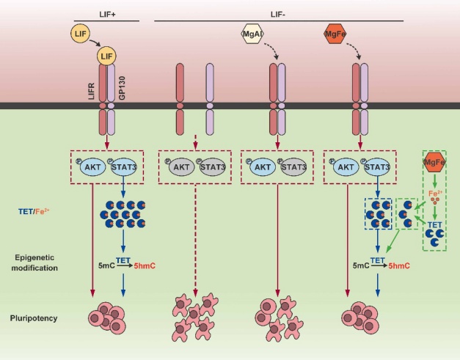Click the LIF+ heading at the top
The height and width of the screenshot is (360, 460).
[x=107, y=15]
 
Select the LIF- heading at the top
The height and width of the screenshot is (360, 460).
[x=278, y=15]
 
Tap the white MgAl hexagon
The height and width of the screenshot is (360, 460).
[x=252, y=34]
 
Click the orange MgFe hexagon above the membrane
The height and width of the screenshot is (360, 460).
[x=335, y=34]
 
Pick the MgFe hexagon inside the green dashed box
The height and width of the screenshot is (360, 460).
[x=434, y=162]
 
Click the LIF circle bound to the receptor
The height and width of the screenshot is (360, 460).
[x=106, y=56]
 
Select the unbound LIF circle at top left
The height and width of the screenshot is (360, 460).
[x=80, y=34]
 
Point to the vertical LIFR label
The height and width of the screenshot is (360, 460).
[x=92, y=91]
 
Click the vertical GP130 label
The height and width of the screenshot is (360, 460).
[x=122, y=88]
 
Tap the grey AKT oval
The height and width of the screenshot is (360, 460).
[x=182, y=167]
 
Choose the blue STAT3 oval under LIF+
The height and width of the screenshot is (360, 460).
[x=124, y=167]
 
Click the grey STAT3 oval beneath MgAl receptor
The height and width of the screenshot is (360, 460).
[x=294, y=167]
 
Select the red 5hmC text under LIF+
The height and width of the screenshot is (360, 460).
[x=145, y=266]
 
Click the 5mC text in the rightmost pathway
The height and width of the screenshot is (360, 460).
[x=361, y=266]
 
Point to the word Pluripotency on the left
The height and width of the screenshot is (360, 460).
[x=34, y=318]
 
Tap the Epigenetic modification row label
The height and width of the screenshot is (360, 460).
[x=34, y=262]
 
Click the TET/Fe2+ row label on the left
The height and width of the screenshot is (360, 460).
[x=34, y=211]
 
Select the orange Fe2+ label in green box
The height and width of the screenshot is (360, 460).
[x=435, y=194]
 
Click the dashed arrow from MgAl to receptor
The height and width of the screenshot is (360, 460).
[x=271, y=51]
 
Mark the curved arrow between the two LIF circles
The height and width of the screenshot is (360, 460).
[x=95, y=43]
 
